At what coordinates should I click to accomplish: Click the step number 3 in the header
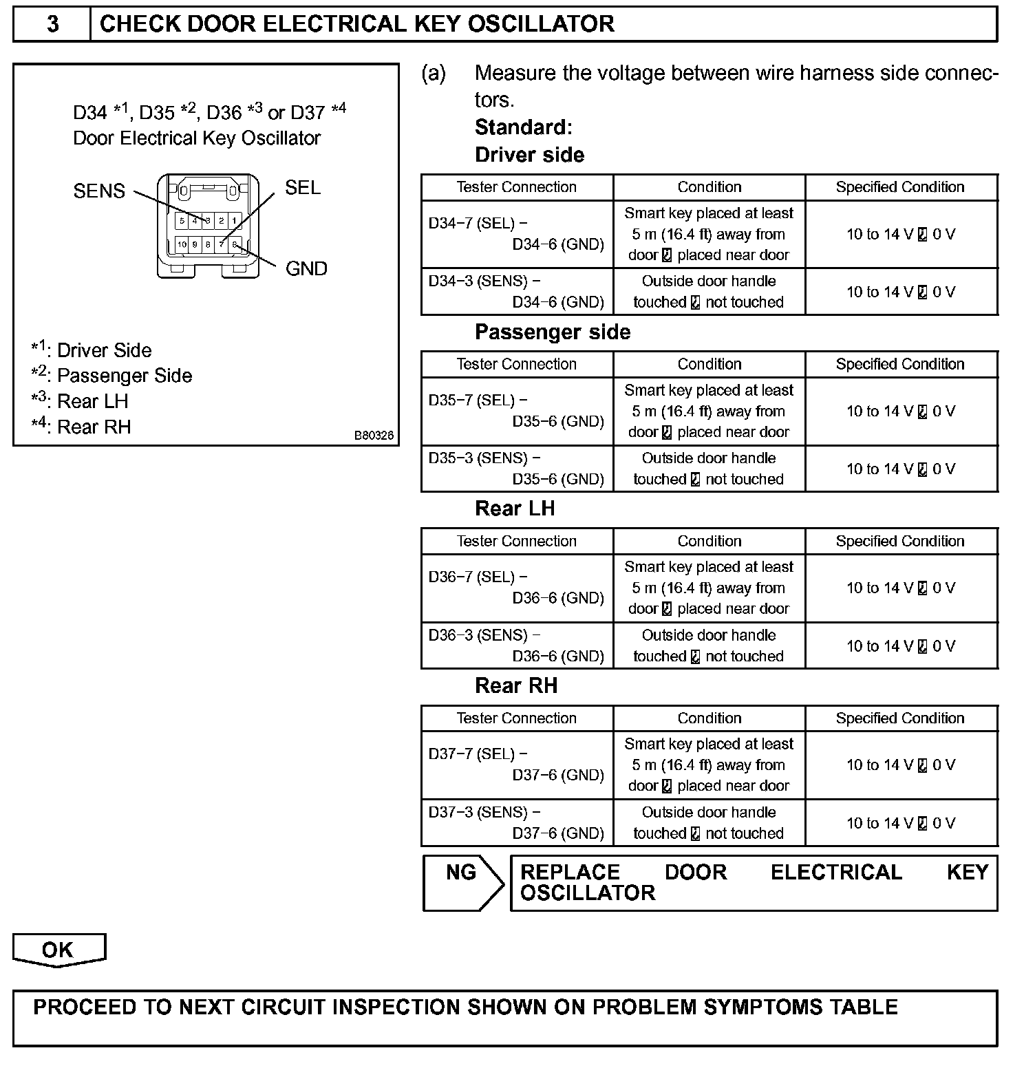pyautogui.click(x=52, y=24)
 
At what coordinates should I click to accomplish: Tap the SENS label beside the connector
pyautogui.click(x=99, y=191)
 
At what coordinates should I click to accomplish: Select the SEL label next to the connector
pyautogui.click(x=303, y=188)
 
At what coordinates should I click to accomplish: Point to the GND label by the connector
pyautogui.click(x=306, y=268)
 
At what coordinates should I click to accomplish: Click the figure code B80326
pyautogui.click(x=374, y=436)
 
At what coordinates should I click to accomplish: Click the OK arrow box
pyautogui.click(x=58, y=950)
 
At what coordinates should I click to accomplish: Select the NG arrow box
pyautogui.click(x=462, y=882)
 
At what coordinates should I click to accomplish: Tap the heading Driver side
pyautogui.click(x=529, y=155)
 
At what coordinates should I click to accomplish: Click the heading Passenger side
pyautogui.click(x=552, y=332)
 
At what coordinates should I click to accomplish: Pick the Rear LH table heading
pyautogui.click(x=515, y=509)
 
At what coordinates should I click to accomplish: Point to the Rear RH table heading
pyautogui.click(x=516, y=686)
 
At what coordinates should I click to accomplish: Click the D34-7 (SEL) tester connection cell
pyautogui.click(x=516, y=234)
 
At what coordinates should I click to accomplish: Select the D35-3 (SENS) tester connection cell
pyautogui.click(x=516, y=469)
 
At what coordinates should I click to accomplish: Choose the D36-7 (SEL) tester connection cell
pyautogui.click(x=516, y=588)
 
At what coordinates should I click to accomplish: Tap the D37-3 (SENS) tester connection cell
pyautogui.click(x=516, y=822)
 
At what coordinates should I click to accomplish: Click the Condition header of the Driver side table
pyautogui.click(x=709, y=187)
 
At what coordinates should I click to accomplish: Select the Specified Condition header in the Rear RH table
pyautogui.click(x=900, y=718)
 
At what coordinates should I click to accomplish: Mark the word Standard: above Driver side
pyautogui.click(x=523, y=127)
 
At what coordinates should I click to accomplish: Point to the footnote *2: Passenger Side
pyautogui.click(x=111, y=376)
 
